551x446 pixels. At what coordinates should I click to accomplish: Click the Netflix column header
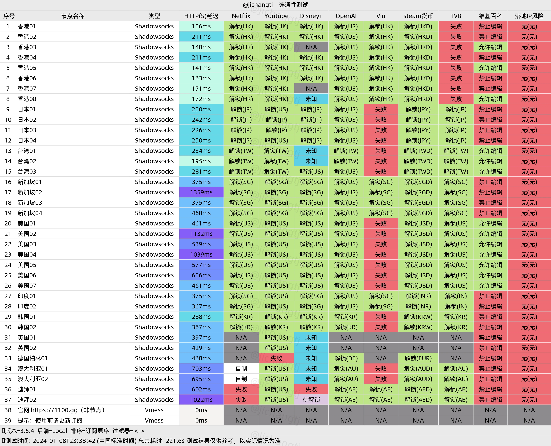tap(241, 16)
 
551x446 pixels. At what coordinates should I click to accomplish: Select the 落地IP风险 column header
tap(529, 16)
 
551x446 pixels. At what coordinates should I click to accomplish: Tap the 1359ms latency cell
tap(201, 192)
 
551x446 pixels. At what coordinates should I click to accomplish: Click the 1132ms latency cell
tap(201, 234)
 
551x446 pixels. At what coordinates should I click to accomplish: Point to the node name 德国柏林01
tap(33, 358)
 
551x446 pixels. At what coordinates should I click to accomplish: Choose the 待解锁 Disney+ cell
tap(311, 400)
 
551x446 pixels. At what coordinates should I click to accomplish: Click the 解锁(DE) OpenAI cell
tap(346, 358)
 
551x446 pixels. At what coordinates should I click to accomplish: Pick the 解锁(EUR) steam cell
tap(418, 358)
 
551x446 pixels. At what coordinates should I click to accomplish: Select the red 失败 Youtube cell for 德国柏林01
tap(276, 358)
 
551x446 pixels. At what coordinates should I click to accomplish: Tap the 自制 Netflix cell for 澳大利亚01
tap(241, 369)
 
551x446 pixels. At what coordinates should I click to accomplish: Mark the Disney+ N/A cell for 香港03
tap(311, 47)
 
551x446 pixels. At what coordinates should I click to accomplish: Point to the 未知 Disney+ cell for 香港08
tap(311, 99)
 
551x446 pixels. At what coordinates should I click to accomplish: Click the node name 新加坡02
tap(30, 192)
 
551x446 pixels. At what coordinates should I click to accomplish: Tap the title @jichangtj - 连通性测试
tap(275, 5)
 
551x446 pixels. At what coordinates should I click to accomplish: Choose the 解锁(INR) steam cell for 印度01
tap(418, 296)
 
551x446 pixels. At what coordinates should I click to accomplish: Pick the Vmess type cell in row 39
tap(154, 420)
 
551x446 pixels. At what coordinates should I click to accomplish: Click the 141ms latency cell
tap(201, 68)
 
